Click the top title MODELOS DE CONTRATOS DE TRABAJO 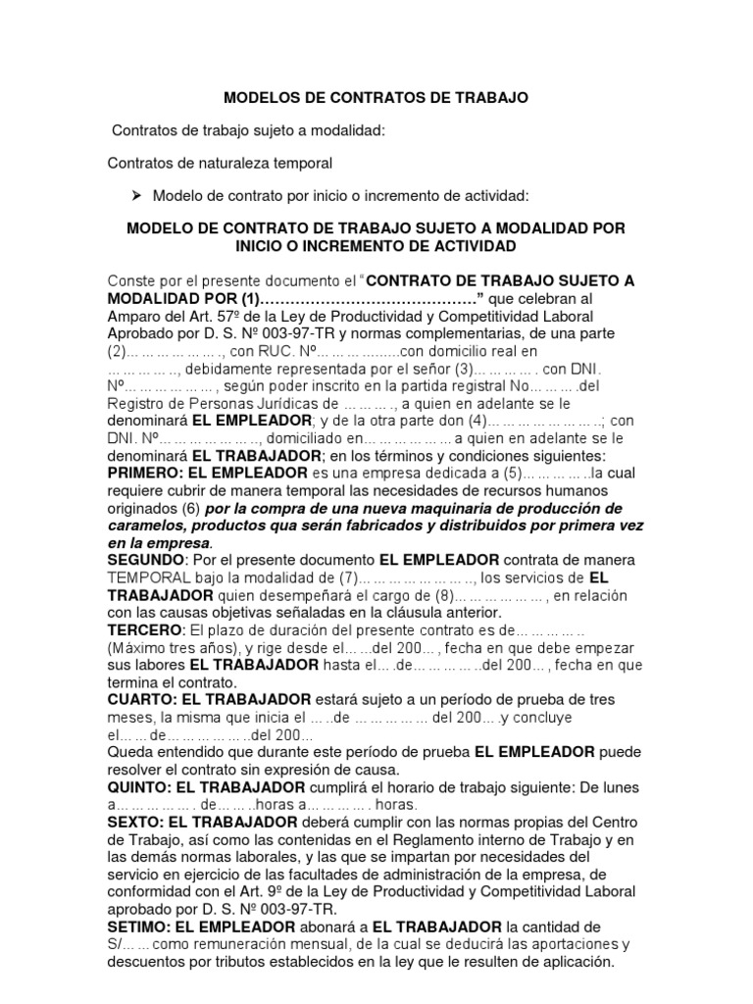pos(376,98)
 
